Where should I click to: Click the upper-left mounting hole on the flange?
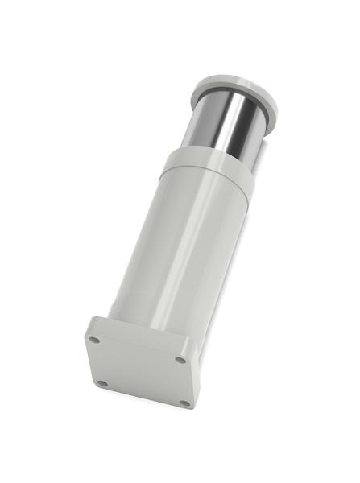[94, 340]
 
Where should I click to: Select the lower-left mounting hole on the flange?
[102, 383]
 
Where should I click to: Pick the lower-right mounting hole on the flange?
[184, 402]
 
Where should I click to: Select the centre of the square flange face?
[139, 371]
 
